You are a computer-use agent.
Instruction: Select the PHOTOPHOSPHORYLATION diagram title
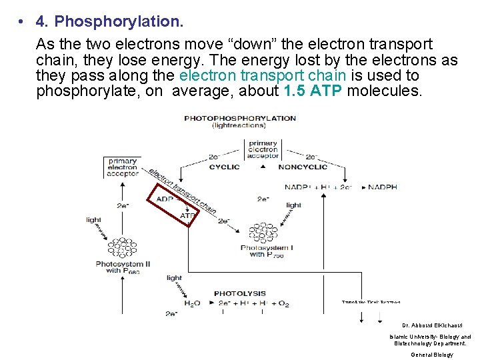pos(240,118)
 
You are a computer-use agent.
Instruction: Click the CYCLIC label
pos(224,167)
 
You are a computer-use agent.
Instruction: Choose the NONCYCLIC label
pos(302,167)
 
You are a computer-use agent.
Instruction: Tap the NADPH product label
pos(383,187)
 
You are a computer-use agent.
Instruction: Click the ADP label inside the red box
pos(165,199)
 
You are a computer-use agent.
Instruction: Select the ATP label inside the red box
pos(188,215)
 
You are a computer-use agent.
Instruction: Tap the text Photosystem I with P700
pos(267,252)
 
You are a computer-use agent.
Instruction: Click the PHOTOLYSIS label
pos(240,293)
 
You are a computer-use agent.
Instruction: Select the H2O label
pos(191,304)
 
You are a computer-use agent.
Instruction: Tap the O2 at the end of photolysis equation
pos(283,304)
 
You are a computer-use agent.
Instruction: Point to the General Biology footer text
pos(431,355)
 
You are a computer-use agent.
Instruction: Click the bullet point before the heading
pos(21,22)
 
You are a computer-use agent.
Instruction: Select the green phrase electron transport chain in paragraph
pos(263,76)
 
